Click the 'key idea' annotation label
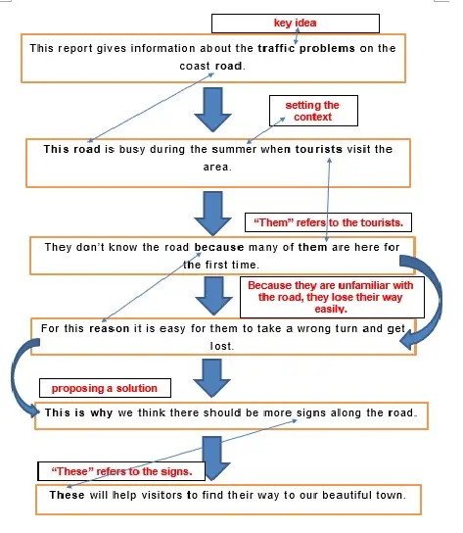(295, 23)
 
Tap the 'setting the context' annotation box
(312, 111)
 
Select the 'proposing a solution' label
(105, 388)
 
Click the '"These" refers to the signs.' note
(121, 471)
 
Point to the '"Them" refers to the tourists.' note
(329, 222)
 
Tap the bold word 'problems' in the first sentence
(327, 48)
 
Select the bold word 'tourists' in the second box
(319, 149)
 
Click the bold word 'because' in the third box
(219, 247)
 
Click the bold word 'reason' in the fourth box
(109, 328)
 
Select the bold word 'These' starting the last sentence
(67, 495)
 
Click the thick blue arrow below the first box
(213, 110)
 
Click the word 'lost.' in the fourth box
(222, 347)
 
